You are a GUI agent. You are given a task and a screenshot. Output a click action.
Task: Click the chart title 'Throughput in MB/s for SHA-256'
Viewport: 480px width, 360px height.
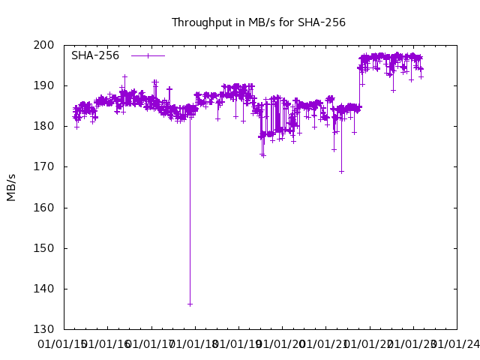pos(259,22)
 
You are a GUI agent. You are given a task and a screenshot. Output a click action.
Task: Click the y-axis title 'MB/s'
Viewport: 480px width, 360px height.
pos(11,187)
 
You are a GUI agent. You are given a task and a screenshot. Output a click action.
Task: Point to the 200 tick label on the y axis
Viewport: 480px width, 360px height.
pos(44,45)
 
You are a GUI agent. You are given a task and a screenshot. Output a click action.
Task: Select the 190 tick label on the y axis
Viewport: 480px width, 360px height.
pos(44,85)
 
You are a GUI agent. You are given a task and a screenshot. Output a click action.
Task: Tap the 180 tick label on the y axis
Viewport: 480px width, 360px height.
pos(44,126)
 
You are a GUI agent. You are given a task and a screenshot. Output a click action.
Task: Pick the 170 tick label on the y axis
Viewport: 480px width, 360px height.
pos(44,166)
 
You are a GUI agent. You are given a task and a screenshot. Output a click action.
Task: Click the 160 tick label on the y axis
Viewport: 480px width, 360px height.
pos(44,208)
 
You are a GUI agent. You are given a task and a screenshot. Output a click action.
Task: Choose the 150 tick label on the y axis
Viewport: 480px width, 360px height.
pos(44,248)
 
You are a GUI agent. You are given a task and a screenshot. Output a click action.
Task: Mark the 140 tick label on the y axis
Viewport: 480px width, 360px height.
pos(44,289)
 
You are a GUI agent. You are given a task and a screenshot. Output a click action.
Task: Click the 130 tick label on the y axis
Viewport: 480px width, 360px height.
pos(44,329)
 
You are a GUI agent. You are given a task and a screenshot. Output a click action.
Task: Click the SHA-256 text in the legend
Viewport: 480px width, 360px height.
pos(95,55)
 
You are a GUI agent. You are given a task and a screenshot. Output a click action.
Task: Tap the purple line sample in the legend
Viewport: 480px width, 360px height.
pos(148,55)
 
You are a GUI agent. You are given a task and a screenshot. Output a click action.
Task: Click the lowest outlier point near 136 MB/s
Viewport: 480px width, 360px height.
pos(190,304)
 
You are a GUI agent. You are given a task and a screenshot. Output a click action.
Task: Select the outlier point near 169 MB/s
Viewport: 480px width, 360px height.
pos(341,171)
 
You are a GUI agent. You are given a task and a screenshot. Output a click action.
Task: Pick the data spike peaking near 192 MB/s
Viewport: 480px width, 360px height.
pos(124,76)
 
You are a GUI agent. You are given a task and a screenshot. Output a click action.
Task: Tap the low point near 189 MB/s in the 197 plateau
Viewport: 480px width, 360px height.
pos(393,90)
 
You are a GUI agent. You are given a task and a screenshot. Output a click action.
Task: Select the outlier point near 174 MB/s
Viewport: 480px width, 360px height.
pos(334,149)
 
